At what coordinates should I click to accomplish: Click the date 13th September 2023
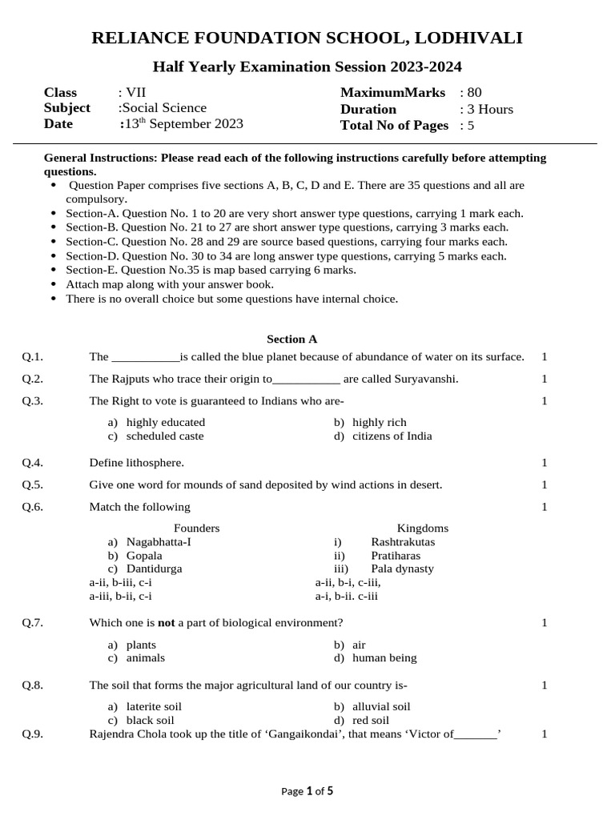point(183,124)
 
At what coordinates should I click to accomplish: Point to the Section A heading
point(291,339)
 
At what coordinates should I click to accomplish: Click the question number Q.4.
point(32,463)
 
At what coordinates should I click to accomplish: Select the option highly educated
point(166,422)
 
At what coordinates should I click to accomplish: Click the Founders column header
point(196,529)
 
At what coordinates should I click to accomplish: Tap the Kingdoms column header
point(422,529)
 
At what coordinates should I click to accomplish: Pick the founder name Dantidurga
point(154,569)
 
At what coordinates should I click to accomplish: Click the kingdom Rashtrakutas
point(403,542)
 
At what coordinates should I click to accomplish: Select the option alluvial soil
point(381,706)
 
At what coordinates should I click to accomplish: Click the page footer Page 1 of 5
point(307,791)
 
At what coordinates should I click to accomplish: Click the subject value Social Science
point(163,108)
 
